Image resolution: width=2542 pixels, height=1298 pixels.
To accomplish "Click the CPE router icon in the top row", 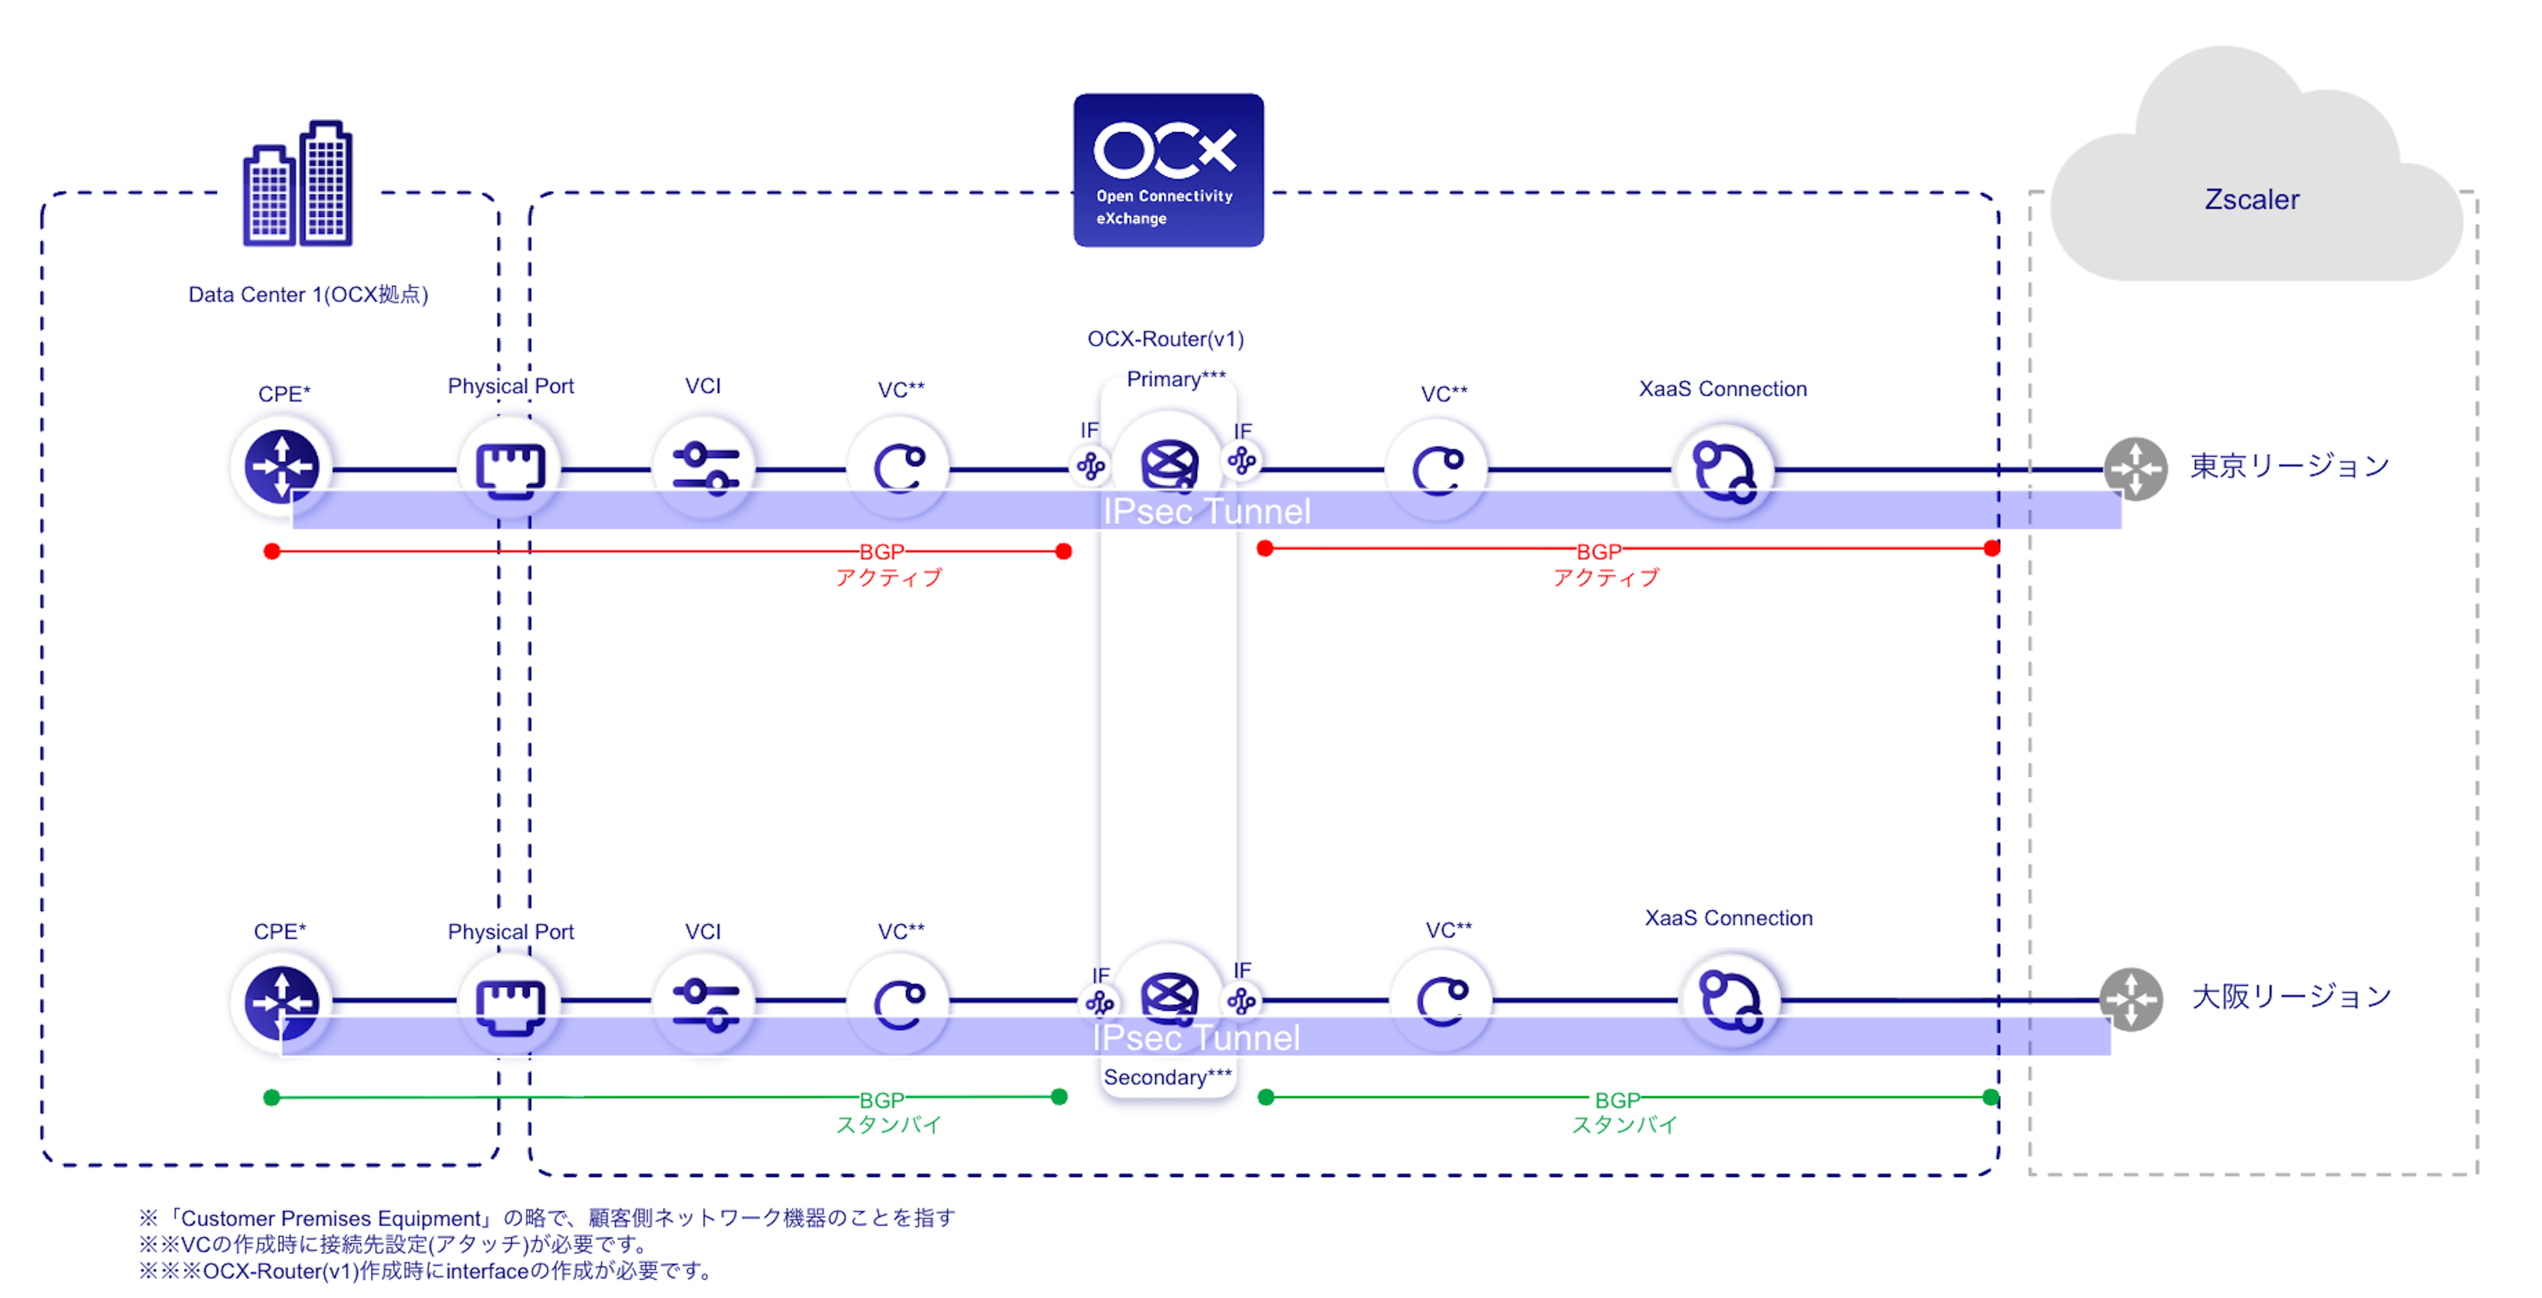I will [x=282, y=466].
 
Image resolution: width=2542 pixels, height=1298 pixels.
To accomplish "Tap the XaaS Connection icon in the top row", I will [x=1723, y=470].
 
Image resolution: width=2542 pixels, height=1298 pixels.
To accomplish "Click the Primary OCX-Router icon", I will [x=1169, y=464].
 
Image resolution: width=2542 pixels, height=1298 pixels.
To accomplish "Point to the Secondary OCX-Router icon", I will [x=1169, y=995].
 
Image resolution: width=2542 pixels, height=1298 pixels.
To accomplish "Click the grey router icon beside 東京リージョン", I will [x=2135, y=469].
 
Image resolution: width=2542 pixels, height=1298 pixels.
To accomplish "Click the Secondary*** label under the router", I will [x=1167, y=1077].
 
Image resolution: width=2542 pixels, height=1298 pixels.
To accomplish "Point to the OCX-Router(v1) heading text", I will [x=1166, y=338].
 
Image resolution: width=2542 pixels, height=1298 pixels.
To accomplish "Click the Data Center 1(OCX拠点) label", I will [x=308, y=294].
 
